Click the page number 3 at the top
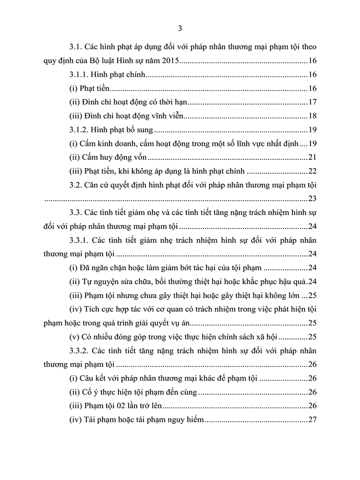(x=180, y=28)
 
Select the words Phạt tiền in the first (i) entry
(x=96, y=89)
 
